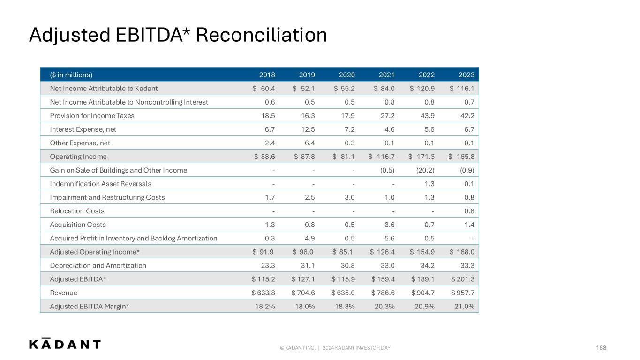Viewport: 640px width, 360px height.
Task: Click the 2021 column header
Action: [x=386, y=75]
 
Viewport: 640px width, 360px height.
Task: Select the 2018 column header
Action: [x=267, y=75]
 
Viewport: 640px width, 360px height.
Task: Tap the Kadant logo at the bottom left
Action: [x=65, y=343]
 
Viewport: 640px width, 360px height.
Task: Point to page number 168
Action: [x=601, y=348]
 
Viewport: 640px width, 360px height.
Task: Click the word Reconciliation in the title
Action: [x=262, y=35]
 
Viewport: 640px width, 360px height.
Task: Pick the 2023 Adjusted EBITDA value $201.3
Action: [x=463, y=279]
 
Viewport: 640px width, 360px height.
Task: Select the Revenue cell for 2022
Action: [x=422, y=293]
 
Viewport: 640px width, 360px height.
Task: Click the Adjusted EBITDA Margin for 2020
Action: [x=345, y=307]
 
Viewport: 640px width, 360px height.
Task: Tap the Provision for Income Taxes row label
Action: [x=92, y=116]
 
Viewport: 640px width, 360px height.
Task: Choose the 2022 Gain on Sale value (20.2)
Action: [x=425, y=170]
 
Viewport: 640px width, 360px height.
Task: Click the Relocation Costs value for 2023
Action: [x=469, y=211]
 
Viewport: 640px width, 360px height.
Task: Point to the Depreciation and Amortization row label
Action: [x=98, y=265]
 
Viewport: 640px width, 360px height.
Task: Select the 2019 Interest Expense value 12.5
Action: [x=308, y=129]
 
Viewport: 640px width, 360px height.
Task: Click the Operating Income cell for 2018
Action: [x=264, y=157]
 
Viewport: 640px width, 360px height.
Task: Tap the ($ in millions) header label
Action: [x=71, y=75]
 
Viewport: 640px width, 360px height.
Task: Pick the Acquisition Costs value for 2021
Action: [x=390, y=225]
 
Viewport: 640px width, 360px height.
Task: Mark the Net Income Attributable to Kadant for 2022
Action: [x=422, y=89]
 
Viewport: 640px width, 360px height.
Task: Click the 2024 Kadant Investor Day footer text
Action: [x=356, y=348]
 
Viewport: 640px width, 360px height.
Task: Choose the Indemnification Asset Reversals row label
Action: [x=100, y=184]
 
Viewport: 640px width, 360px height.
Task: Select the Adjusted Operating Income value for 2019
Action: [x=303, y=252]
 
